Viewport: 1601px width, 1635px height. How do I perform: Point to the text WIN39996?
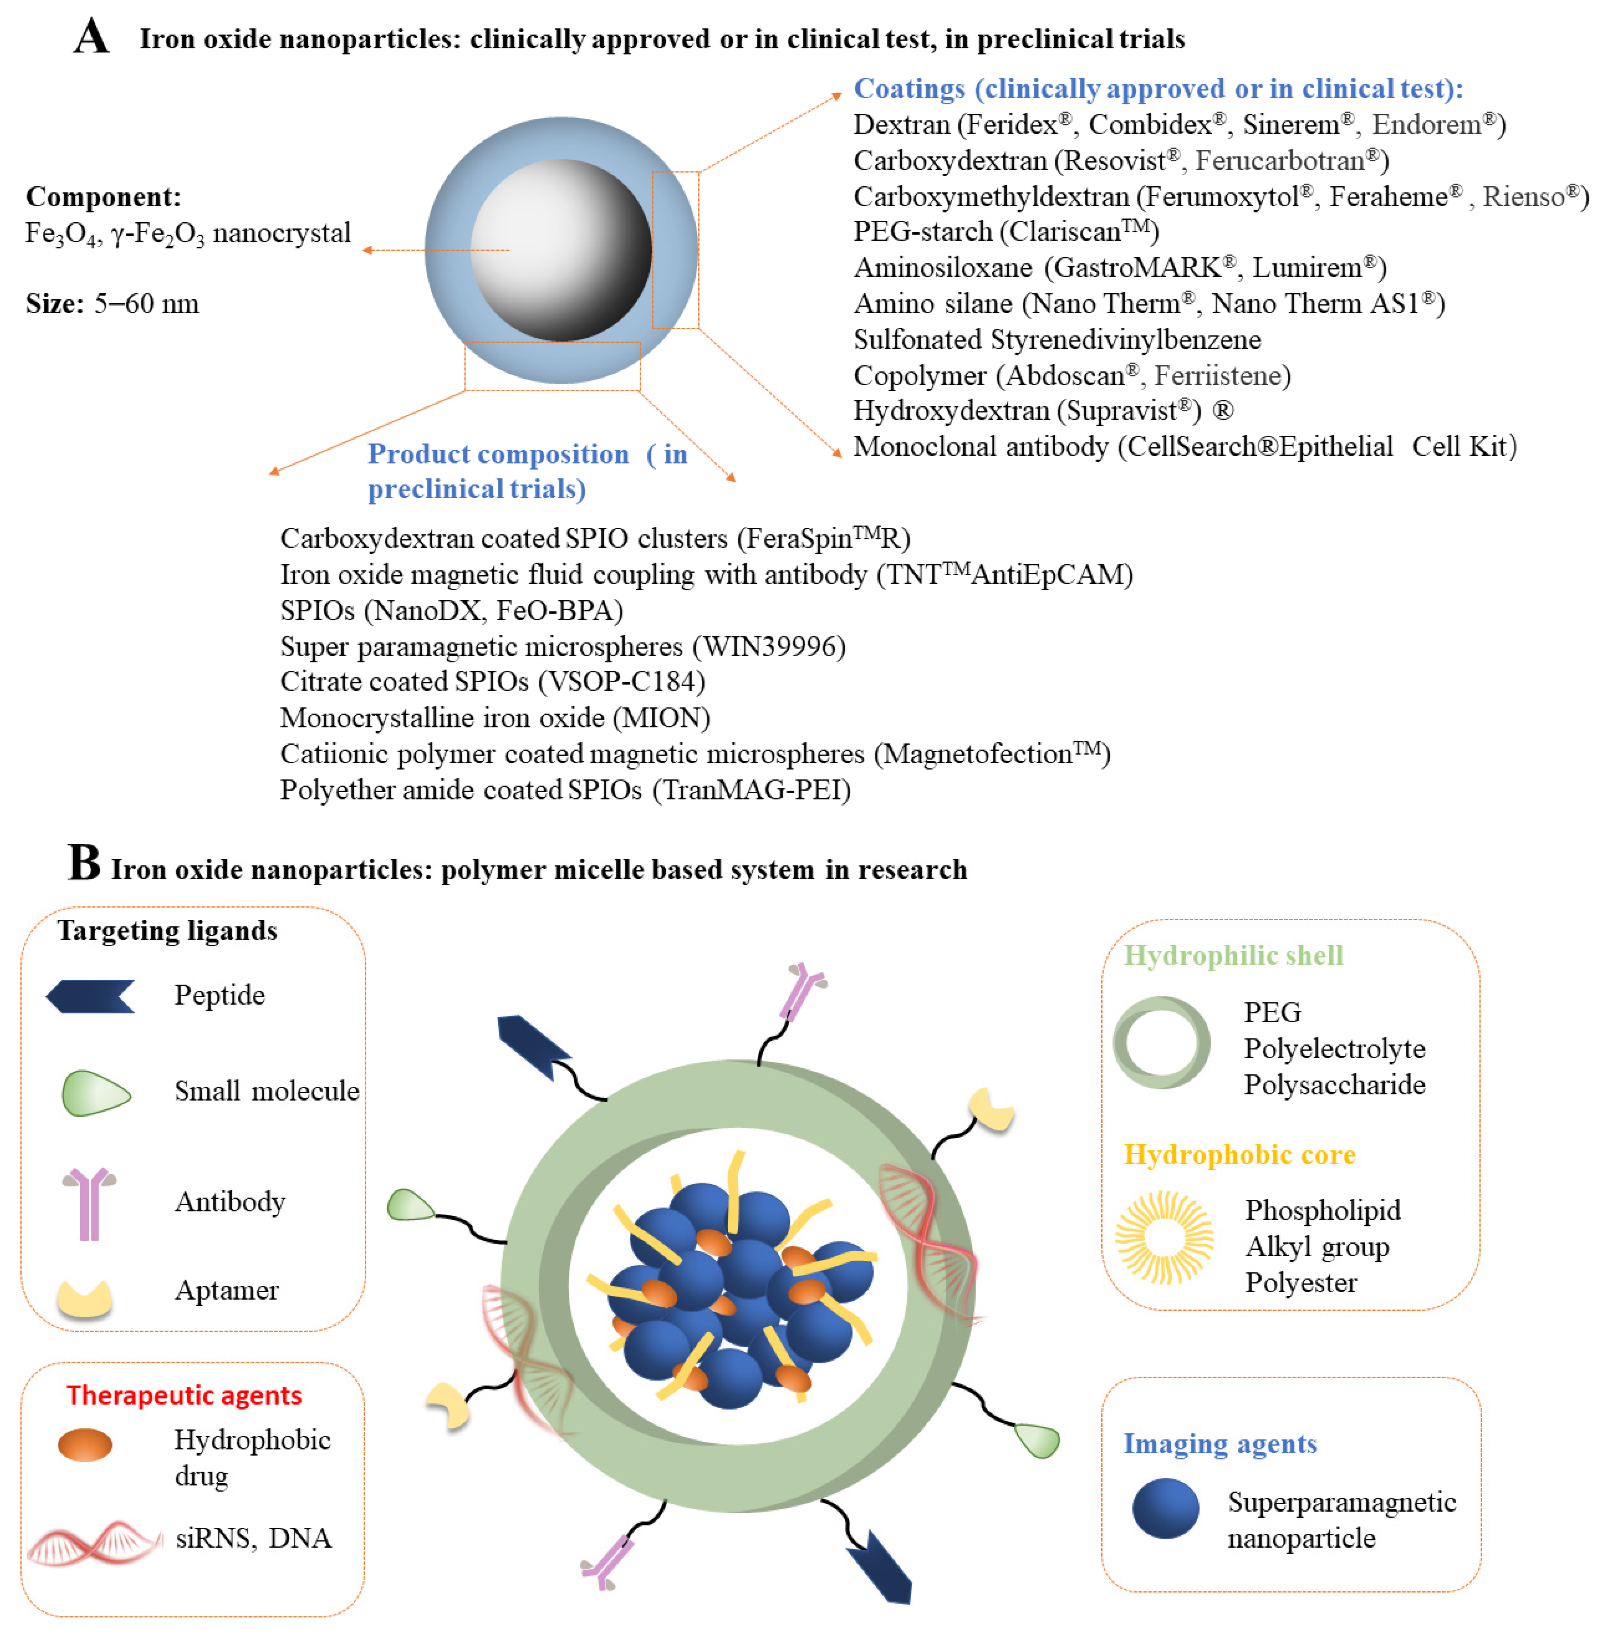768,647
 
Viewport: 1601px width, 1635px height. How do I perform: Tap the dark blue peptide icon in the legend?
91,996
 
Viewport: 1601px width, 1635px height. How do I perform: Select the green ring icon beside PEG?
1161,1043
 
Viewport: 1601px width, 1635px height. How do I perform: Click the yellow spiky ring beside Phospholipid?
1164,1237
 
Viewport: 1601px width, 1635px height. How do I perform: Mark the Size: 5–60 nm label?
113,304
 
